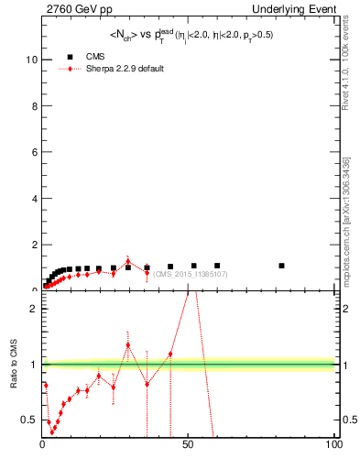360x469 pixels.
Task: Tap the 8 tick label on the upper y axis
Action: (34, 105)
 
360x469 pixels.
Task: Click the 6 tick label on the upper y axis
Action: (34, 152)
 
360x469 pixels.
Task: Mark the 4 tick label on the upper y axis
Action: (34, 199)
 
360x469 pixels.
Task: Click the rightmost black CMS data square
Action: (281, 266)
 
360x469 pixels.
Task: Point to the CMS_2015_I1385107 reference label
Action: (191, 274)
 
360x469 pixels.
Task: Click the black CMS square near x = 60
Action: (217, 266)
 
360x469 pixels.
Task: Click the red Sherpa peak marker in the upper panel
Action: (127, 261)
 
